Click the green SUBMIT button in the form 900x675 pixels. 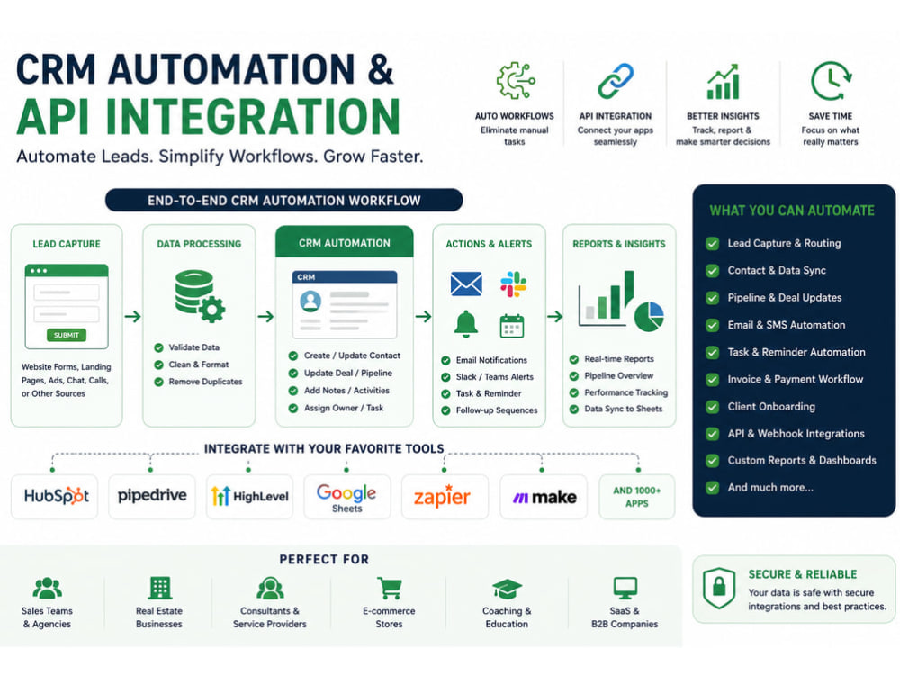click(66, 335)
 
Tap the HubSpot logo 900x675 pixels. click(56, 496)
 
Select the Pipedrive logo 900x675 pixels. click(152, 495)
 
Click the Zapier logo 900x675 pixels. click(442, 497)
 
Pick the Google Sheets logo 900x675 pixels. click(346, 497)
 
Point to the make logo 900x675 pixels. click(544, 497)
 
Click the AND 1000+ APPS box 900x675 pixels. click(636, 497)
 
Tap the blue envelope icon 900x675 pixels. click(466, 283)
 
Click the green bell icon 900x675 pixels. click(466, 324)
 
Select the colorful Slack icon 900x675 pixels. click(513, 283)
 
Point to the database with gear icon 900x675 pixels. click(200, 295)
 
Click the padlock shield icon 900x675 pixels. click(719, 588)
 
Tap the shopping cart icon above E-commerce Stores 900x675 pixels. click(389, 589)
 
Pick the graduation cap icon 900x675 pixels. click(507, 589)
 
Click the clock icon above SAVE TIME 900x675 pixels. click(831, 82)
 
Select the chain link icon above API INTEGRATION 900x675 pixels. click(616, 81)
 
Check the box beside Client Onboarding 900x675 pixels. click(712, 407)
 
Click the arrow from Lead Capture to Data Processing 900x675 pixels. click(132, 316)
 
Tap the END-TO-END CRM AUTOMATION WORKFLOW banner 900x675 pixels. click(284, 201)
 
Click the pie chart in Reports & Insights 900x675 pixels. click(649, 316)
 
